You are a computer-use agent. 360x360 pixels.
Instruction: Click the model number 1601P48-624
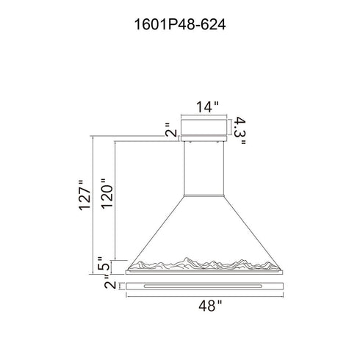[x=180, y=25]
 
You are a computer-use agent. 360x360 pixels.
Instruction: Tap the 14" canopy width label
[x=207, y=107]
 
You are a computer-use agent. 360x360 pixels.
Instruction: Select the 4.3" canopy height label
[x=240, y=130]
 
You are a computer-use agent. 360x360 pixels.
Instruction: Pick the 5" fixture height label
[x=103, y=263]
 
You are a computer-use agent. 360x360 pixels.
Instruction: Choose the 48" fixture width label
[x=210, y=306]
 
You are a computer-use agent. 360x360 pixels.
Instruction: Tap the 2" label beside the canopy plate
[x=171, y=130]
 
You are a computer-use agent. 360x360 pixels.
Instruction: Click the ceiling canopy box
[x=204, y=127]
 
